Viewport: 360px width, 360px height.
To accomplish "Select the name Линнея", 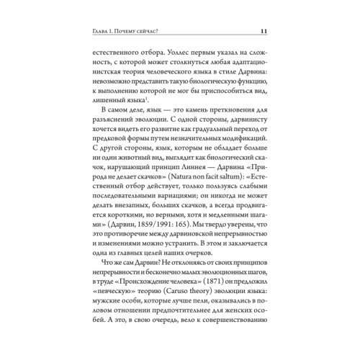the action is (181, 178).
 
